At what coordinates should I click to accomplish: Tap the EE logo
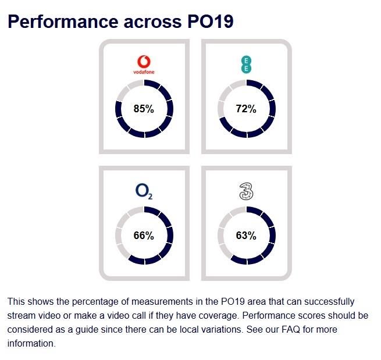pyautogui.click(x=245, y=63)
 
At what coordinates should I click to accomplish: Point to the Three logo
pyautogui.click(x=245, y=191)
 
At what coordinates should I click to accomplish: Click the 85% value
pyautogui.click(x=144, y=109)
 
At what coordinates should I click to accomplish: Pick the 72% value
pyautogui.click(x=246, y=109)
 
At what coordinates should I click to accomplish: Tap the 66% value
pyautogui.click(x=144, y=236)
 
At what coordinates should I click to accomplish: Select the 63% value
pyautogui.click(x=246, y=236)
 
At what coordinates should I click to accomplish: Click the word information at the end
pyautogui.click(x=30, y=343)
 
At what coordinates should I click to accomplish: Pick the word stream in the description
pyautogui.click(x=21, y=316)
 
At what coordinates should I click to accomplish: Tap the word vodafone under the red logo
pyautogui.click(x=143, y=73)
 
